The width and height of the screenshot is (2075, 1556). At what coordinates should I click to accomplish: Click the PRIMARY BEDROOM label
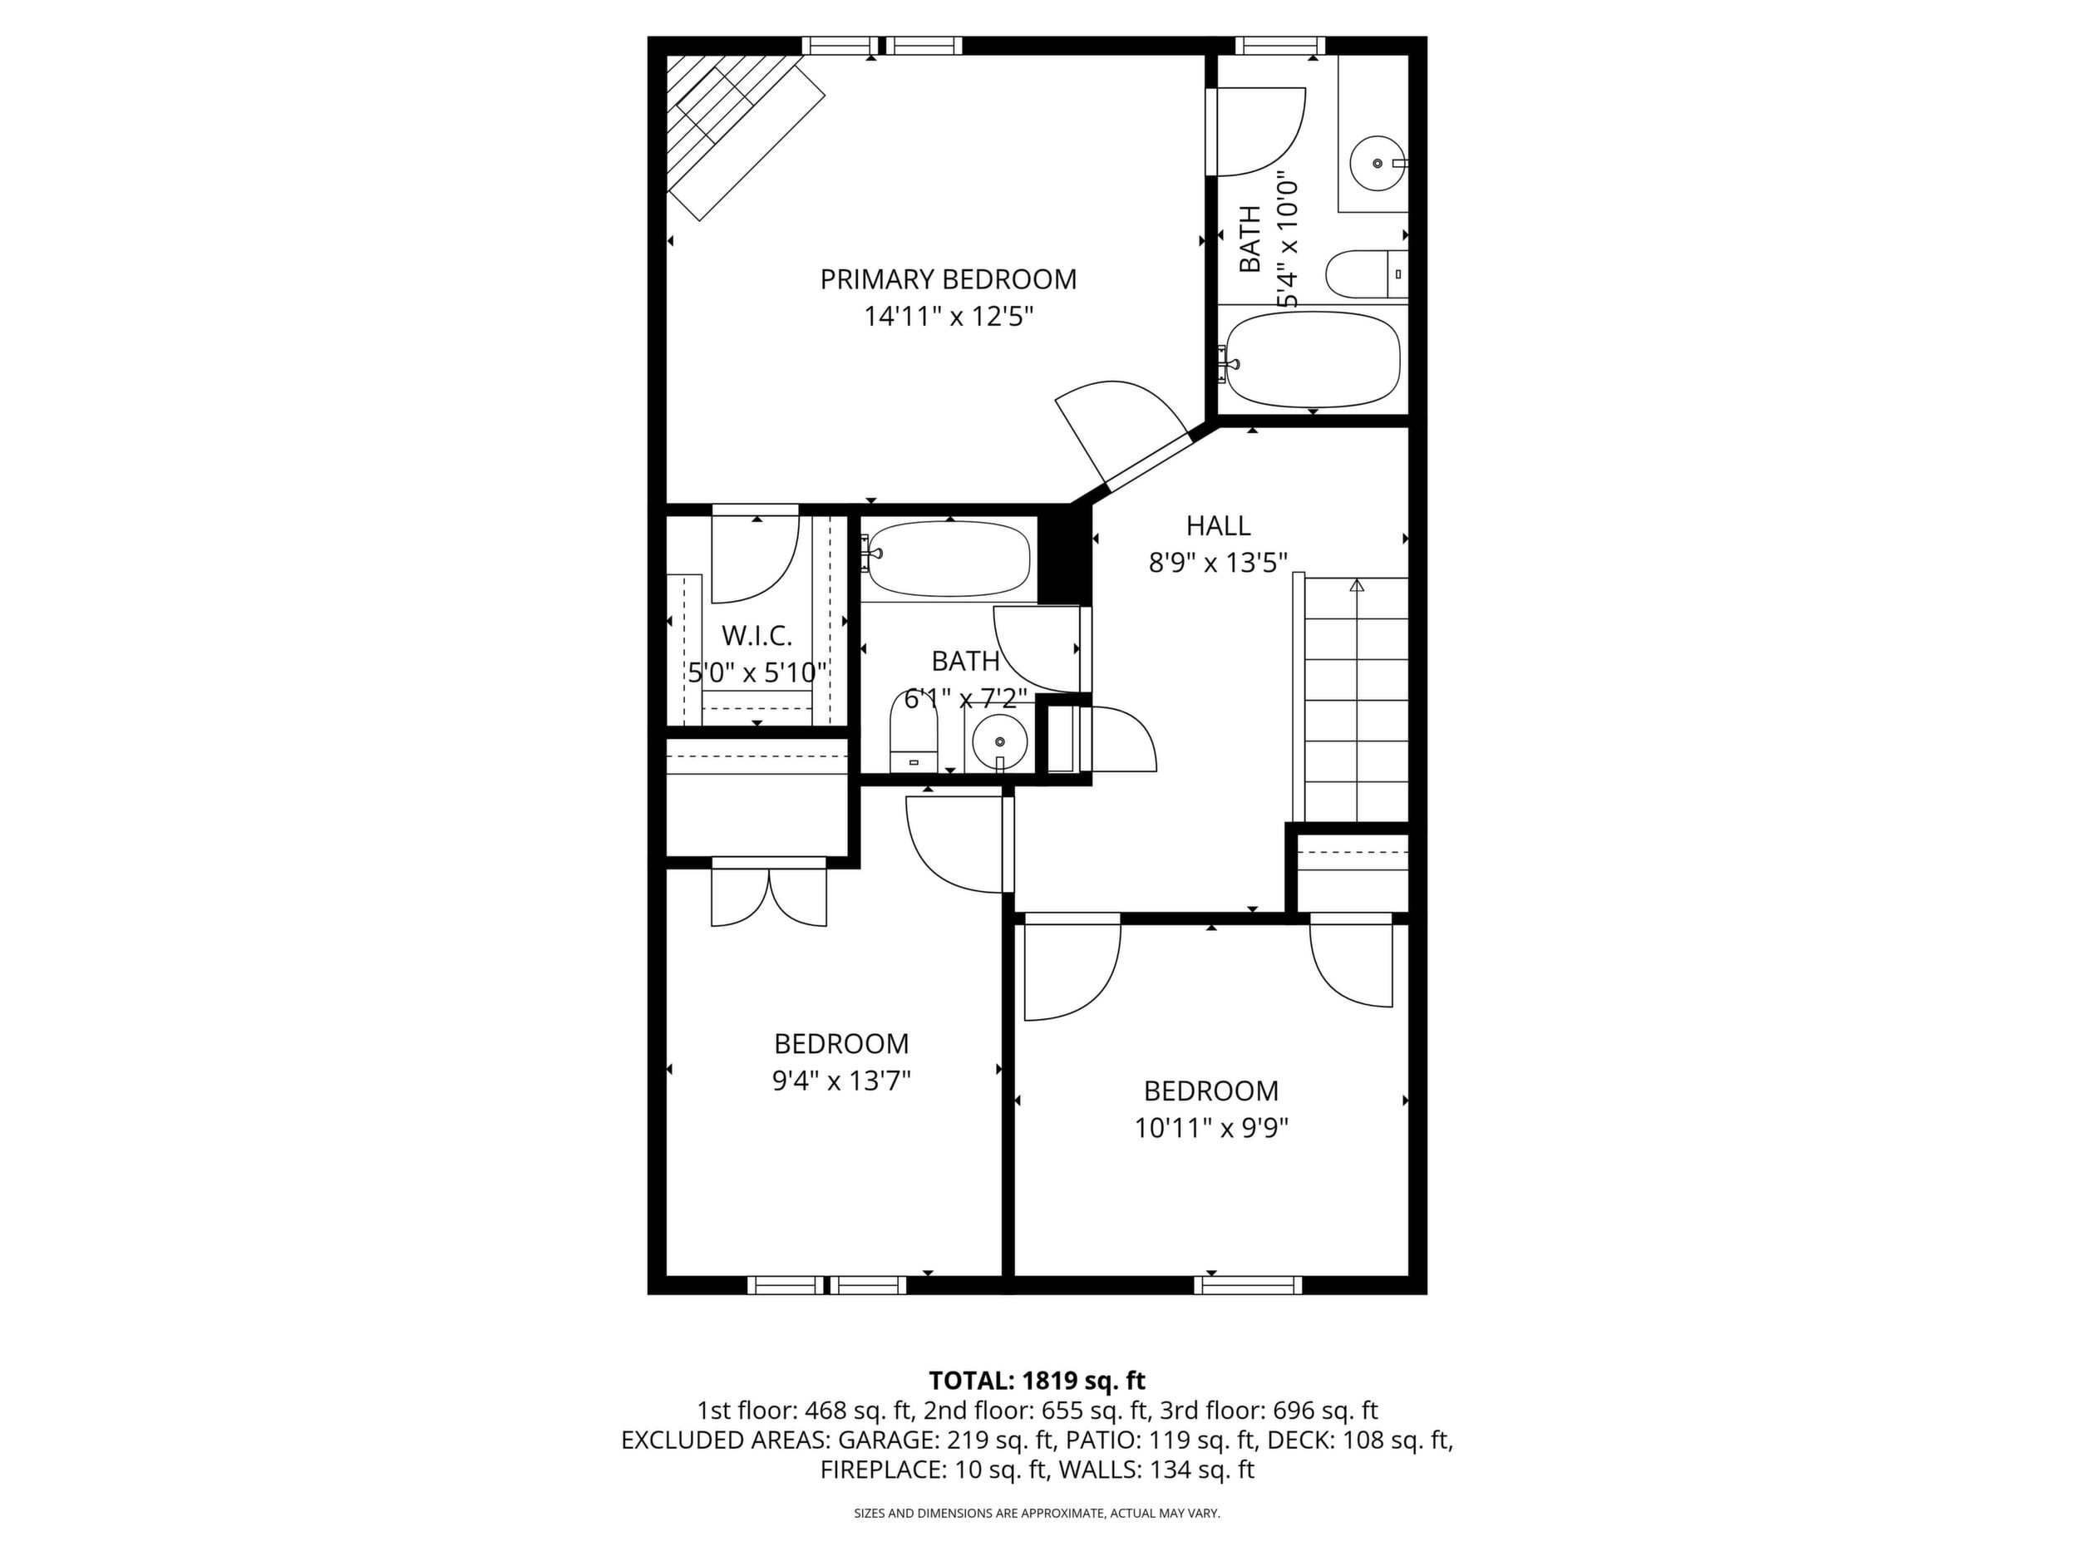949,279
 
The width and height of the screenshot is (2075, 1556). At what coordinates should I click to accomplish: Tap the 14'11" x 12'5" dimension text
949,317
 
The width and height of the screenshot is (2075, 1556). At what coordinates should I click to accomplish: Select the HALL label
1218,525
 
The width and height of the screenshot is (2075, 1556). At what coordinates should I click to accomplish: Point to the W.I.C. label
757,636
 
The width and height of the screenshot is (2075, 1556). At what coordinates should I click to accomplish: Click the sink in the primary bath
1377,163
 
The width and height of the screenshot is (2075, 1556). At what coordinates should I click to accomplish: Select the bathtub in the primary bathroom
1314,360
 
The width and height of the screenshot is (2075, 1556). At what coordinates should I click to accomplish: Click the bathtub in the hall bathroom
949,559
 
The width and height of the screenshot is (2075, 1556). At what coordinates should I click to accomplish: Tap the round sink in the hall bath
1000,742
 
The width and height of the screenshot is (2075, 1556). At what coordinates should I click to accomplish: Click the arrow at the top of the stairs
1357,586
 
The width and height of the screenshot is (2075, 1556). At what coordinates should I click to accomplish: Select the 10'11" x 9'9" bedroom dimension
1211,1127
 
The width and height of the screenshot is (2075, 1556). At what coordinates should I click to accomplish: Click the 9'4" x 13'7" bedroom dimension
841,1081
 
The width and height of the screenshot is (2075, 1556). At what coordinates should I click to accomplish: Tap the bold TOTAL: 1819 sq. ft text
1037,1381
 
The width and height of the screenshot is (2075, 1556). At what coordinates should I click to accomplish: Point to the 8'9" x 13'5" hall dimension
1218,563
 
